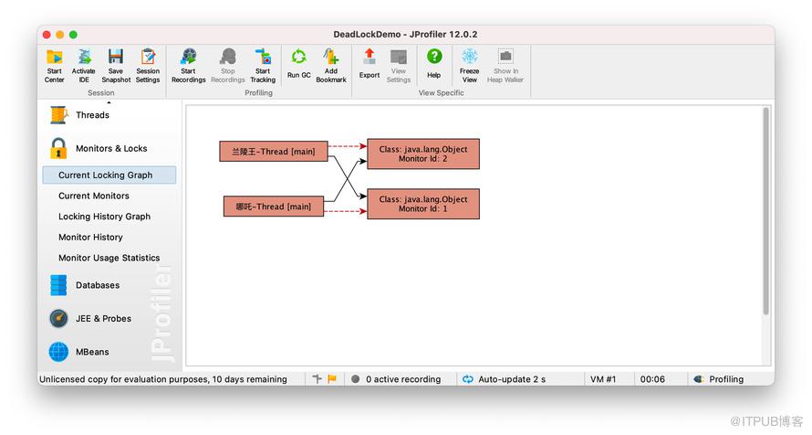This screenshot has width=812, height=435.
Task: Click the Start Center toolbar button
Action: (x=55, y=66)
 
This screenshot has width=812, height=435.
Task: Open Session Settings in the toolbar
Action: (x=148, y=66)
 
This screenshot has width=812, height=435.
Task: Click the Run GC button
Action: (x=299, y=64)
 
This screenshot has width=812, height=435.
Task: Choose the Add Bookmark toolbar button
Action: (x=331, y=66)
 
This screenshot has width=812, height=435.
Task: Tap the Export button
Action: (x=370, y=64)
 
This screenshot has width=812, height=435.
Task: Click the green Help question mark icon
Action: (x=434, y=56)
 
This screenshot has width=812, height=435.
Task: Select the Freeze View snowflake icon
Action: (x=470, y=56)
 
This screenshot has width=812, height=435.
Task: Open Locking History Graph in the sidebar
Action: (x=104, y=217)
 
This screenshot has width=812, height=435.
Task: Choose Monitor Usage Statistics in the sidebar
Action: (x=109, y=258)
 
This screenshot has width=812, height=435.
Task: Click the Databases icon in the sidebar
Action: (x=58, y=285)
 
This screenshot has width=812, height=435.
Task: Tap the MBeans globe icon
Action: (x=58, y=352)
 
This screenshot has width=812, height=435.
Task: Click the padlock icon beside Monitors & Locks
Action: (x=58, y=148)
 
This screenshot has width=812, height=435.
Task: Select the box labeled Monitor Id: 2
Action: (x=423, y=154)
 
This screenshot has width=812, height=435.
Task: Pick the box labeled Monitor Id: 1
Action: (x=423, y=204)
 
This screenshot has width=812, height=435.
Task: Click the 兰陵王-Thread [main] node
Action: (x=274, y=152)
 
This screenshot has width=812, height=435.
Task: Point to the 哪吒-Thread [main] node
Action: (x=274, y=207)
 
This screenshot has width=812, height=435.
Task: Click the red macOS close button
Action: (x=47, y=35)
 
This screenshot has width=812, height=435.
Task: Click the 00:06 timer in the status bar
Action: (x=652, y=379)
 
